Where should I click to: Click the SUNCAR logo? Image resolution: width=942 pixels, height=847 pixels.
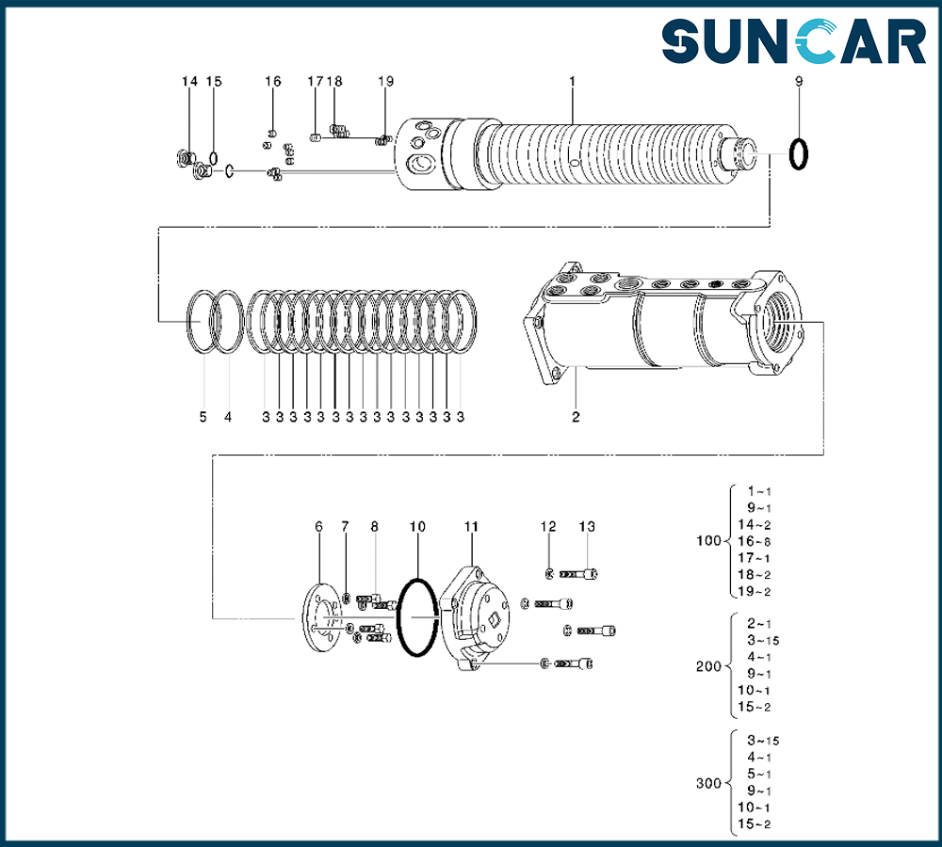tap(793, 41)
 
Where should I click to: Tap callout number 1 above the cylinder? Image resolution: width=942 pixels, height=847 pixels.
tap(572, 81)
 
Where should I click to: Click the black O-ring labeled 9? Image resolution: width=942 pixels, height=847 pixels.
tap(799, 154)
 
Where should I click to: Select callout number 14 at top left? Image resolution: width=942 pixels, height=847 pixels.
tap(190, 81)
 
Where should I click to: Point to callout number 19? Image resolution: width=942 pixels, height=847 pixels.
tap(385, 81)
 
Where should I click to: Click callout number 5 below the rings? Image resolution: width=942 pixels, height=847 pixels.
tap(203, 417)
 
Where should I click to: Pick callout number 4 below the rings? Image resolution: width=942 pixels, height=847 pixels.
tap(228, 417)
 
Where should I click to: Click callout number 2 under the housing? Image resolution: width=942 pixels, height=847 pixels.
tap(576, 417)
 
